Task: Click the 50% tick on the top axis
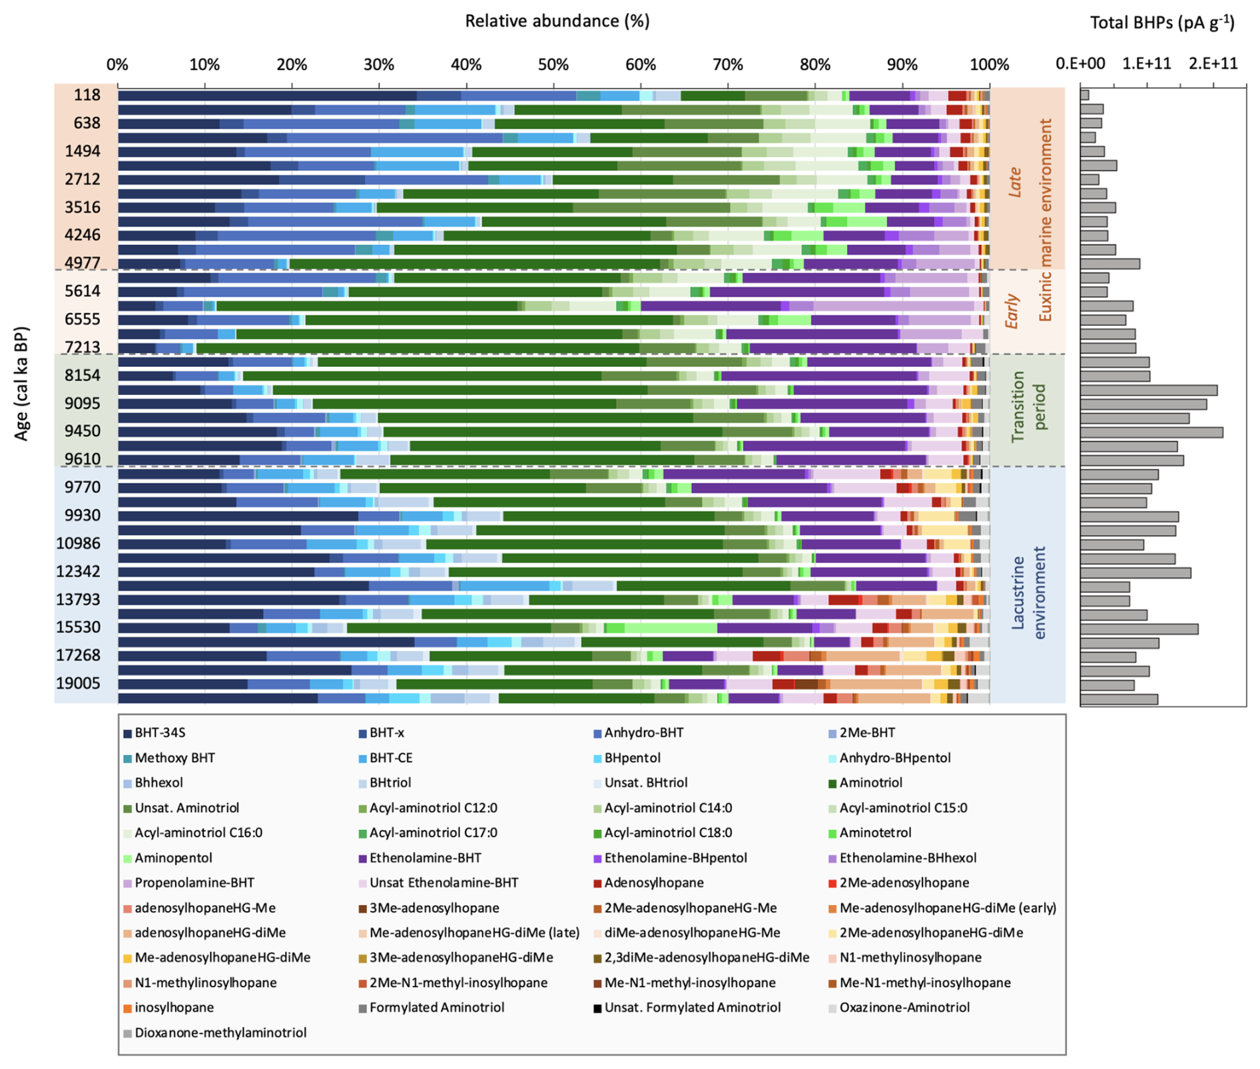pyautogui.click(x=553, y=65)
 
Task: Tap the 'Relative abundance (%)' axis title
pyautogui.click(x=557, y=21)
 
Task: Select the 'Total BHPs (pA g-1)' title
pyautogui.click(x=1162, y=23)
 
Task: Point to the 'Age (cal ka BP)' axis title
pyautogui.click(x=22, y=383)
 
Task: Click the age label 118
pyautogui.click(x=87, y=95)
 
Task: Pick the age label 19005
pyautogui.click(x=78, y=683)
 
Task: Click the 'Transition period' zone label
pyautogui.click(x=1028, y=407)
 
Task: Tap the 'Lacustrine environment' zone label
pyautogui.click(x=1028, y=592)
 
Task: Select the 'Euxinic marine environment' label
pyautogui.click(x=1045, y=220)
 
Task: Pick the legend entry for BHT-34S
pyautogui.click(x=160, y=733)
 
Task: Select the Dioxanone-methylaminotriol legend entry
pyautogui.click(x=220, y=1032)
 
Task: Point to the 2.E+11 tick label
pyautogui.click(x=1213, y=64)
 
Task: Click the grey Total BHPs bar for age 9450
pyautogui.click(x=1151, y=432)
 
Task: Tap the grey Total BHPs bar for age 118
pyautogui.click(x=1084, y=95)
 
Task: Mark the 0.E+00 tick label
pyautogui.click(x=1080, y=64)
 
